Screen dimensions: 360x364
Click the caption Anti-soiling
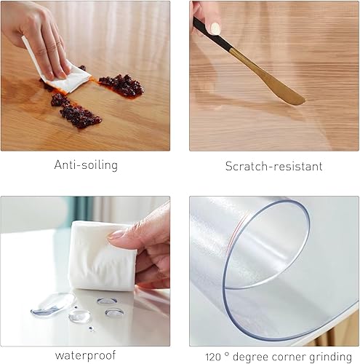click(86, 165)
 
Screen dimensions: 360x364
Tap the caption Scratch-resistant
click(274, 167)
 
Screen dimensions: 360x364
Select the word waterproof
click(85, 356)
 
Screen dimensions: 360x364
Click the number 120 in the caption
click(213, 357)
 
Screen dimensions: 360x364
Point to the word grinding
click(330, 357)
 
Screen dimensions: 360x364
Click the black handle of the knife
click(212, 34)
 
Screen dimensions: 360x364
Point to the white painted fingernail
click(215, 28)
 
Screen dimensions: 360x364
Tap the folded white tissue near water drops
click(102, 256)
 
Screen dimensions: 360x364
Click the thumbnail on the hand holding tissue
click(116, 234)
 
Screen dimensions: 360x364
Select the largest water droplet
click(53, 305)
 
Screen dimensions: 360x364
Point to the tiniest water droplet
click(92, 329)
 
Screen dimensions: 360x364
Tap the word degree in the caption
click(251, 357)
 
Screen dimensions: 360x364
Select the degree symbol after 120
click(227, 354)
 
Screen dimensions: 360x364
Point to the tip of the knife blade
click(305, 100)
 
